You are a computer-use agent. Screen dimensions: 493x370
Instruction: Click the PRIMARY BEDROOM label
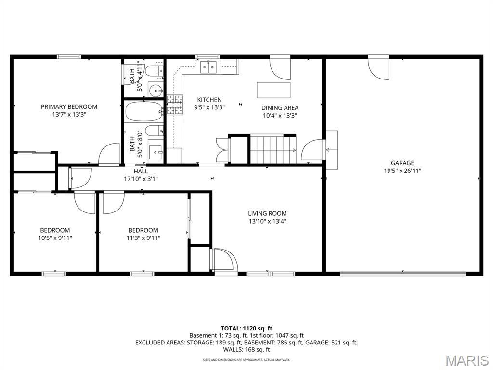click(x=69, y=106)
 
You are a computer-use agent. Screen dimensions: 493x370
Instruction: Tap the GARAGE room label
click(x=402, y=163)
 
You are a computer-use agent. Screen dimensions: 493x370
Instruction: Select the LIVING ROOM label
click(x=267, y=213)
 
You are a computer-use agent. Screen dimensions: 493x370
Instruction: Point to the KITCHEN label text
click(x=209, y=100)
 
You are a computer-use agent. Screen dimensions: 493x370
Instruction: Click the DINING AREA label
click(x=280, y=108)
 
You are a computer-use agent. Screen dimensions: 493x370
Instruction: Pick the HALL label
click(x=141, y=172)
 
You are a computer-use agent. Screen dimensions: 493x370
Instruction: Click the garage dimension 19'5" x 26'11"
click(x=402, y=171)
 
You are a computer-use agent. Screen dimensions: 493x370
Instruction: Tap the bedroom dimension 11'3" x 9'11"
click(x=143, y=238)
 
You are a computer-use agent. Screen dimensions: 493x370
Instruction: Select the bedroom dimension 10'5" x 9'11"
click(x=55, y=238)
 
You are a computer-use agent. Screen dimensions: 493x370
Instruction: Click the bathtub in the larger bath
click(x=143, y=111)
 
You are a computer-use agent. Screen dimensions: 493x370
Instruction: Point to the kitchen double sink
click(x=209, y=67)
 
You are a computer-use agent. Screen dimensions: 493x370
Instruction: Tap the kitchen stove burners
click(x=175, y=105)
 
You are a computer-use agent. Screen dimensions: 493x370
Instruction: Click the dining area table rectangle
click(x=273, y=90)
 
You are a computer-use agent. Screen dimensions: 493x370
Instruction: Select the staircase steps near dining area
click(x=273, y=150)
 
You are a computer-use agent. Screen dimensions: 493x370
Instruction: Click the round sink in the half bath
click(x=155, y=91)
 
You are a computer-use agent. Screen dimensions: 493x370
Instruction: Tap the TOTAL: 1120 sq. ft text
click(x=246, y=329)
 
